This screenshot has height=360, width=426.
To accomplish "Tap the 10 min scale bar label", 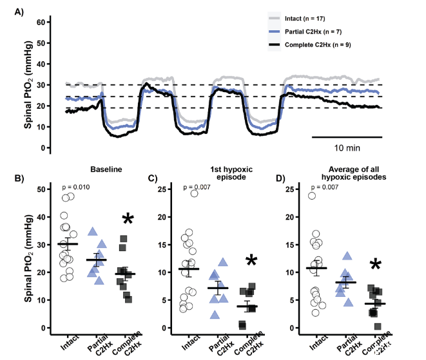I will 347,147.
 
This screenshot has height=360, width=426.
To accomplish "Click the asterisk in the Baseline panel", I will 128,220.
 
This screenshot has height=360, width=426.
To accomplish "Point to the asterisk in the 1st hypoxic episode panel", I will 251,261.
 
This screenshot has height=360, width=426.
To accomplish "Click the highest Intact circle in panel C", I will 193,193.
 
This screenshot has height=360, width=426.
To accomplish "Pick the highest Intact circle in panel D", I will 313,195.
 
